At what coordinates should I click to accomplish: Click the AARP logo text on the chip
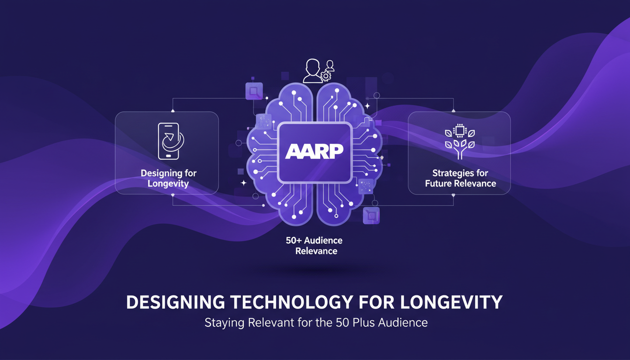pos(315,151)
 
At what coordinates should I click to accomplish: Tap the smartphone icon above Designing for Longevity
pos(169,141)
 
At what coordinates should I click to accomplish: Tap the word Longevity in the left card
pos(168,183)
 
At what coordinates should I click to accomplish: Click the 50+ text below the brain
pos(293,241)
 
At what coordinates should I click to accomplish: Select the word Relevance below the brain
pos(316,251)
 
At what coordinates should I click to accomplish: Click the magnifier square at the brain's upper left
pos(254,91)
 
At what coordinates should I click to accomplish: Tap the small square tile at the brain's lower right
pos(371,216)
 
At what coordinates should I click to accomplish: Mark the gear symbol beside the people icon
pos(324,75)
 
